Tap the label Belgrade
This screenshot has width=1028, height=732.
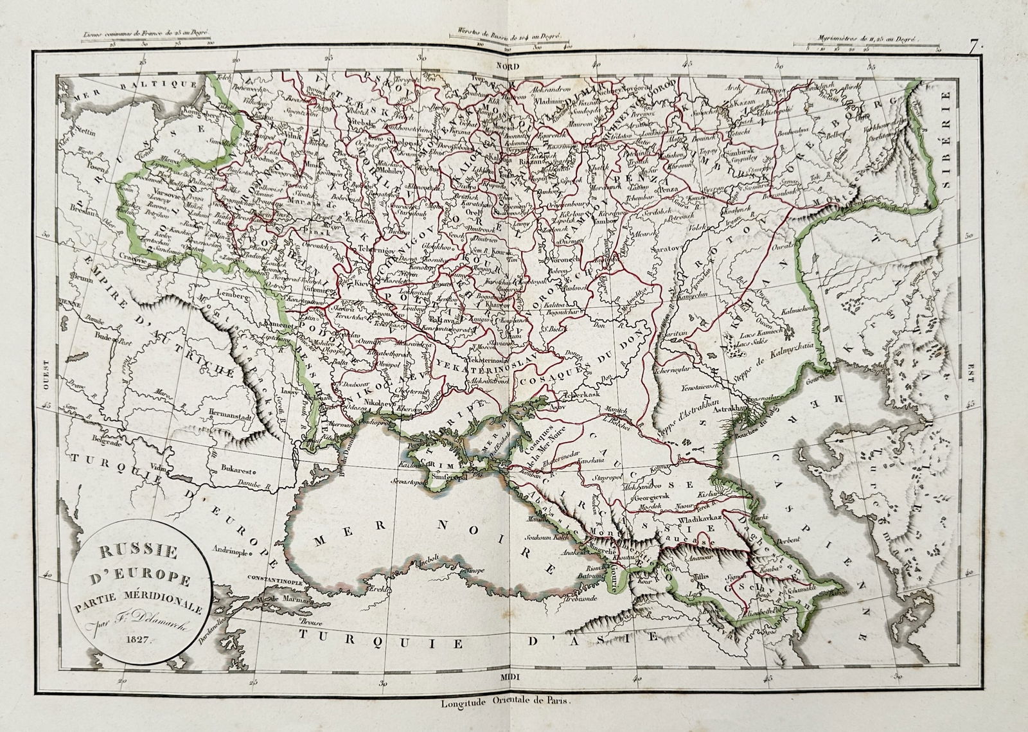point(87,443)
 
